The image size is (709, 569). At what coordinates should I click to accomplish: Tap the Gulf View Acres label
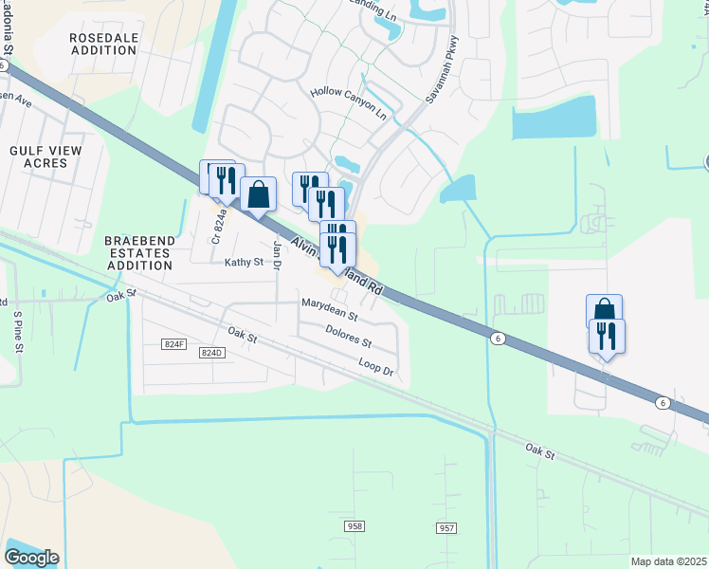(45, 156)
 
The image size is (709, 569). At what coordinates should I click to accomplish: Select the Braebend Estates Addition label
(139, 253)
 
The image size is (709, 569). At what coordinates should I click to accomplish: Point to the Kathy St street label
(242, 262)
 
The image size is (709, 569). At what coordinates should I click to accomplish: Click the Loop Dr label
(375, 364)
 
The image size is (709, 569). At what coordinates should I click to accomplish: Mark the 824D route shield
(210, 353)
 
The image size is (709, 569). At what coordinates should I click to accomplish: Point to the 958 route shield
(354, 524)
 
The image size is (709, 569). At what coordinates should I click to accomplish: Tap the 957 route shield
(447, 527)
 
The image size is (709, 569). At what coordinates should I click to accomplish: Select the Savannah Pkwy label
(441, 69)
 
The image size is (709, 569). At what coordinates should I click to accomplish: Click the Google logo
(31, 557)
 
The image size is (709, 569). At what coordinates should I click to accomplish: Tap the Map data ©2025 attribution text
(668, 561)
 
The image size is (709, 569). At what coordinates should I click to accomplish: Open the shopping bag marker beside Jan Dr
(258, 194)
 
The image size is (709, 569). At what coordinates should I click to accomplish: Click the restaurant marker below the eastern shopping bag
(607, 336)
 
